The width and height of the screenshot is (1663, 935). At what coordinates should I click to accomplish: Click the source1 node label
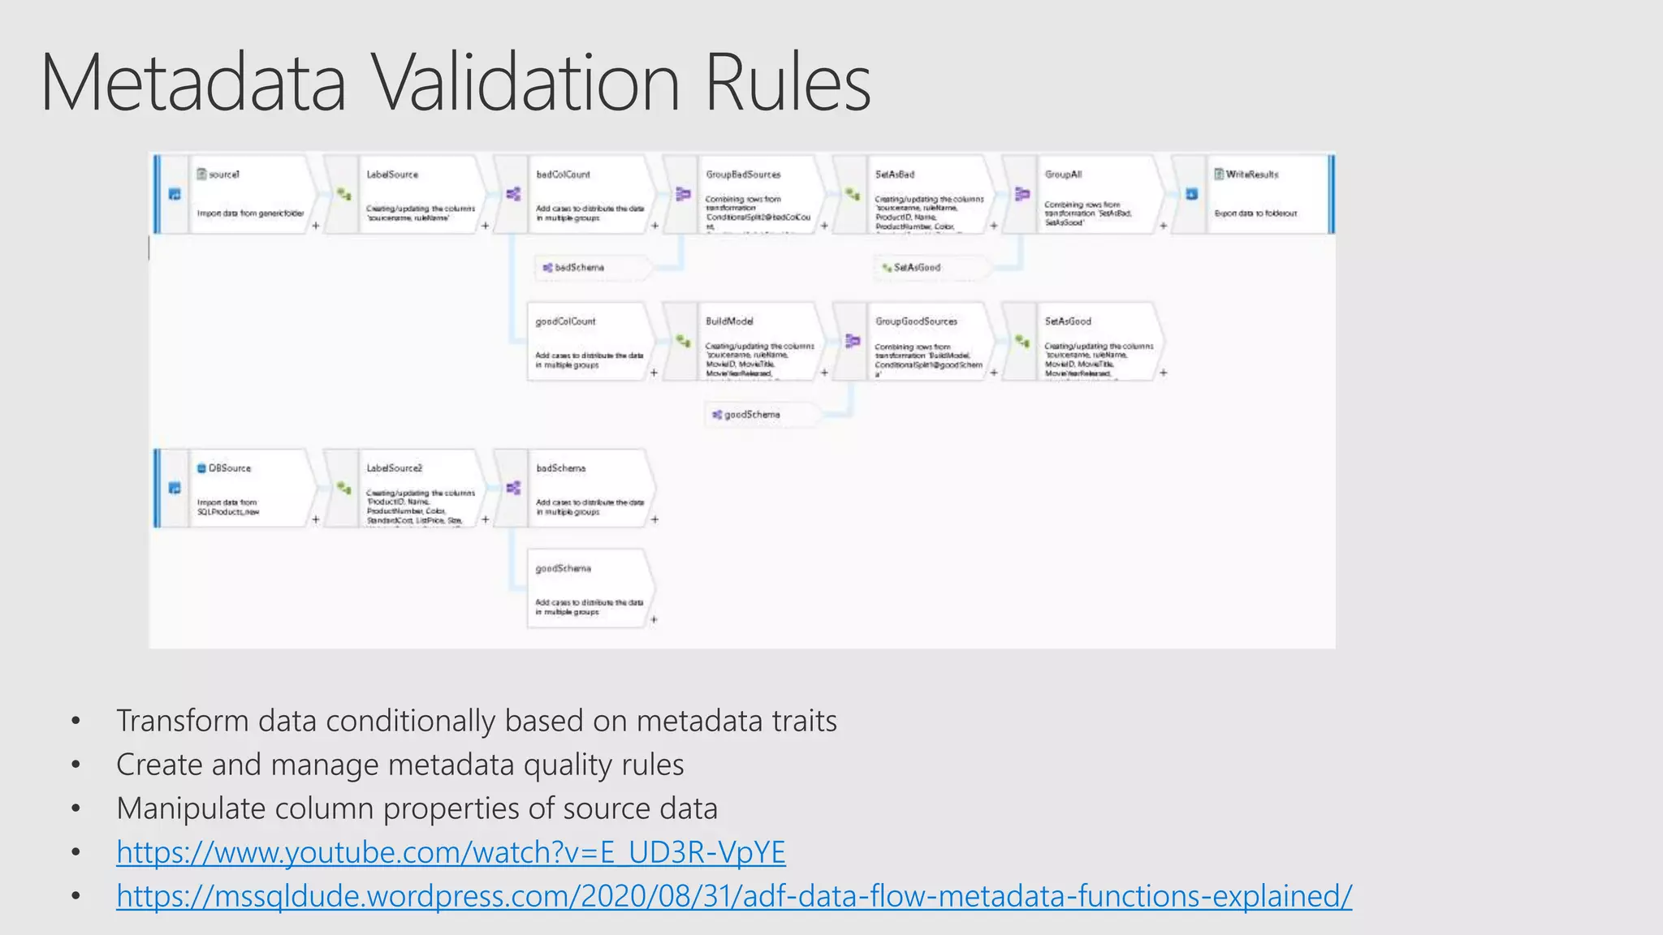[223, 175]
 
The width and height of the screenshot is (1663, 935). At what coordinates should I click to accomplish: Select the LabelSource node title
[392, 175]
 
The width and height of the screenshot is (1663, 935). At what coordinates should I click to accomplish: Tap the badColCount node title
[563, 175]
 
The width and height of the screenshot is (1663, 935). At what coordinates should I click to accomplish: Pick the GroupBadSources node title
[743, 175]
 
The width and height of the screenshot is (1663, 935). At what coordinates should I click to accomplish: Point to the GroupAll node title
[1063, 175]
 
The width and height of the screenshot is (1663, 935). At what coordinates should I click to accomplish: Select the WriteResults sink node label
[1251, 175]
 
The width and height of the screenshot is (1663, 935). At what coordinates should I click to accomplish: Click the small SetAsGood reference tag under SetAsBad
[917, 267]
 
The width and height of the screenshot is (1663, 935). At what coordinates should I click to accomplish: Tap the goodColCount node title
[565, 321]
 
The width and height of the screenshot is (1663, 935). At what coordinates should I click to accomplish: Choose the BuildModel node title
[729, 321]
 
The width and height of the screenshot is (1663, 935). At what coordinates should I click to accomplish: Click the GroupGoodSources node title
[916, 321]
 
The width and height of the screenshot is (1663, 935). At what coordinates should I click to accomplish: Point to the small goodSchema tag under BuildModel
[751, 415]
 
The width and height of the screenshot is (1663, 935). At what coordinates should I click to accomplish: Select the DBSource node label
[230, 468]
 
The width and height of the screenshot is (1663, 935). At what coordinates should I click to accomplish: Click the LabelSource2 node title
[394, 468]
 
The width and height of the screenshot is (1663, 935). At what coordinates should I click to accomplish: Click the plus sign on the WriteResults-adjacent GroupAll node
[1163, 226]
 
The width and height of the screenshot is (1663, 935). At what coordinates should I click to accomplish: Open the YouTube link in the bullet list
[451, 852]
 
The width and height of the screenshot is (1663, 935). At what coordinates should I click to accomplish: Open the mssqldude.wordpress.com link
[733, 896]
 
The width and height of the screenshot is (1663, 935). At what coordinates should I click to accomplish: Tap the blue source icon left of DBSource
[175, 488]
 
